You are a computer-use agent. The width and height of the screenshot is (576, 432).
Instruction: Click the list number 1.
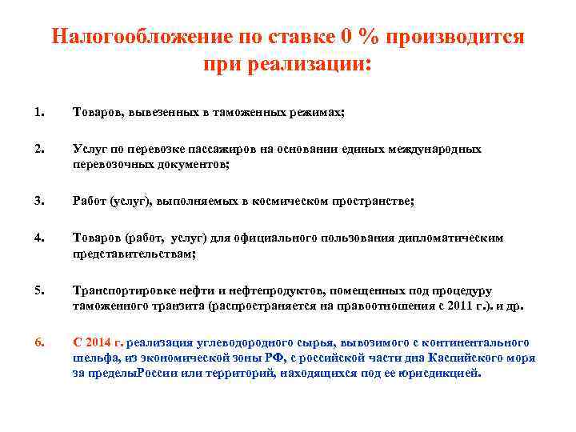point(38,114)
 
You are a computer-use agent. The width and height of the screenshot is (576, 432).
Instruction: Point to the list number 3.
point(38,202)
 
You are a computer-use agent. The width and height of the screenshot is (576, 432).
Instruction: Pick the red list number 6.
point(38,343)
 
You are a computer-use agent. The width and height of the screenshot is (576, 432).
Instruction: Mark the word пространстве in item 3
point(370,202)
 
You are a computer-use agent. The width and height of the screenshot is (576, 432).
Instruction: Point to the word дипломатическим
point(454,238)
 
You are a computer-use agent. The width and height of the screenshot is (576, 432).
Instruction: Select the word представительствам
point(132,252)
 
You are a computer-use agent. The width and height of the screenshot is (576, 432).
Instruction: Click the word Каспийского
point(467,358)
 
